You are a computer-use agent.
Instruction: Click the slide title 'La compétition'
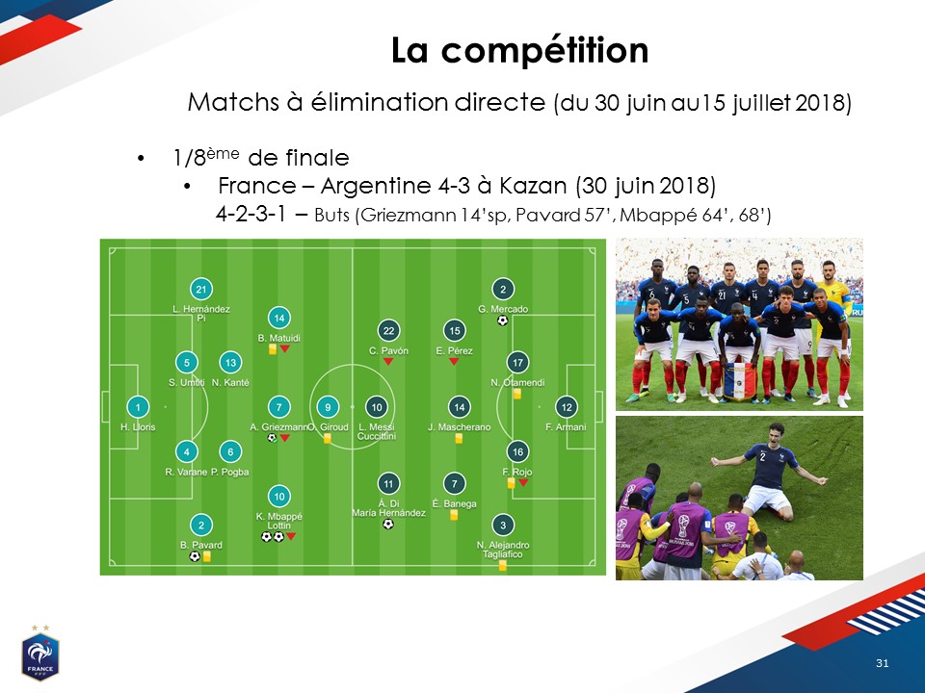click(519, 51)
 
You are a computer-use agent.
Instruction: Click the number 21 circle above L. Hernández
click(201, 290)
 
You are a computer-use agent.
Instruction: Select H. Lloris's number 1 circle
click(138, 407)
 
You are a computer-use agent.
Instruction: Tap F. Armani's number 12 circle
click(567, 407)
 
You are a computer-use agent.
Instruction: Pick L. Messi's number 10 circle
click(377, 407)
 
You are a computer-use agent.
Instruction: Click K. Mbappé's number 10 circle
click(279, 497)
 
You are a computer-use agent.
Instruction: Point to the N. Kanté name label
click(230, 382)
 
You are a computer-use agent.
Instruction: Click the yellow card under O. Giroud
click(327, 439)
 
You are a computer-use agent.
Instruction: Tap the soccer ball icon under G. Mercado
click(502, 321)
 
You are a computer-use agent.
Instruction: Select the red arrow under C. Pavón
click(388, 361)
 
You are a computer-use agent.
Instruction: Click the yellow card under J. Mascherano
click(459, 439)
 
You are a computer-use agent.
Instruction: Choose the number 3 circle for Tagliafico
click(503, 526)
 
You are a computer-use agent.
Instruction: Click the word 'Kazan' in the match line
click(533, 186)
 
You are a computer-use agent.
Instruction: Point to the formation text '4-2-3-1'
click(251, 214)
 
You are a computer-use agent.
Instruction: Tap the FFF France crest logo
click(40, 654)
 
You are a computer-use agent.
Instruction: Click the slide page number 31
click(882, 663)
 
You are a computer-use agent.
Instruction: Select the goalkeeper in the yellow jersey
click(832, 300)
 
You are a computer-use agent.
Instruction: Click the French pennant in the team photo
click(739, 381)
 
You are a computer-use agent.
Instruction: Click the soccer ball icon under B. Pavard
click(195, 556)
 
